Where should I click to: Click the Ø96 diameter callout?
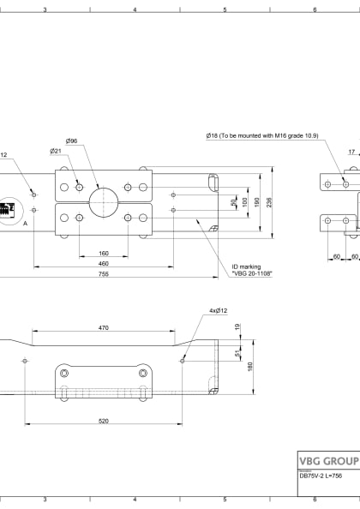coord(72,141)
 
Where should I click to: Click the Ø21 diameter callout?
coord(56,151)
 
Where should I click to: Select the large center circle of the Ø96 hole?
coord(102,202)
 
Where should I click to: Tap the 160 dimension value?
coord(103,254)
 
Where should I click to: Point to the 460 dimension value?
coord(103,264)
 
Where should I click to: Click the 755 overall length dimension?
coord(103,274)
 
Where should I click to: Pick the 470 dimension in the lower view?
coord(103,327)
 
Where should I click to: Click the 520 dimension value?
coord(103,421)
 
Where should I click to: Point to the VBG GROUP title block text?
coord(327,460)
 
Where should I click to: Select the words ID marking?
coord(245,266)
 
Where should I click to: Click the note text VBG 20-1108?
coord(250,272)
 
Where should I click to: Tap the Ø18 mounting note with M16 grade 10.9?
coord(261,135)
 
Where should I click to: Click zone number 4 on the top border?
coord(135,10)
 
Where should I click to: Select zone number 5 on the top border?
coord(225,10)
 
